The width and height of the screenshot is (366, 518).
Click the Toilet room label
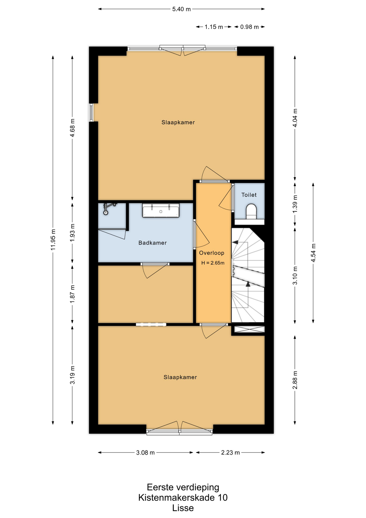pyautogui.click(x=249, y=195)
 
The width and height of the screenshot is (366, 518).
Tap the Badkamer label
pyautogui.click(x=153, y=243)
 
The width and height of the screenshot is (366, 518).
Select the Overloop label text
pyautogui.click(x=212, y=253)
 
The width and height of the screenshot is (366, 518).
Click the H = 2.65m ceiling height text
pyautogui.click(x=213, y=263)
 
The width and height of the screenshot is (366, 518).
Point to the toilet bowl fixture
pyautogui.click(x=252, y=211)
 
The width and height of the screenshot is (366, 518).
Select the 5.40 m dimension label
pyautogui.click(x=181, y=9)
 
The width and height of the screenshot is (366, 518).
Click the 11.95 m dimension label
pyautogui.click(x=53, y=239)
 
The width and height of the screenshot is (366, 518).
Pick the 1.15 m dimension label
pyautogui.click(x=214, y=27)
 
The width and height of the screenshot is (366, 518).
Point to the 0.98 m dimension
pyautogui.click(x=249, y=27)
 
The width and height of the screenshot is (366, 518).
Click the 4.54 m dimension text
pyautogui.click(x=313, y=253)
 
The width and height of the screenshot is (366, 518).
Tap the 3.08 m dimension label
pyautogui.click(x=146, y=452)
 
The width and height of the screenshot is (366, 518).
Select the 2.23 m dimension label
pyautogui.click(x=230, y=452)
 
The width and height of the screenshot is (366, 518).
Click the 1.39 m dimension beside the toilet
pyautogui.click(x=295, y=204)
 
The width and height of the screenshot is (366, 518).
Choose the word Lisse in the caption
pyautogui.click(x=183, y=508)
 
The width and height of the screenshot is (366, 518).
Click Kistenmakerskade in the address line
pyautogui.click(x=176, y=497)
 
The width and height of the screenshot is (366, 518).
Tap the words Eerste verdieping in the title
pyautogui.click(x=183, y=487)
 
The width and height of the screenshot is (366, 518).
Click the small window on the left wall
pyautogui.click(x=91, y=113)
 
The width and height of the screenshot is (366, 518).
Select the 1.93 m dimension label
pyautogui.click(x=72, y=233)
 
